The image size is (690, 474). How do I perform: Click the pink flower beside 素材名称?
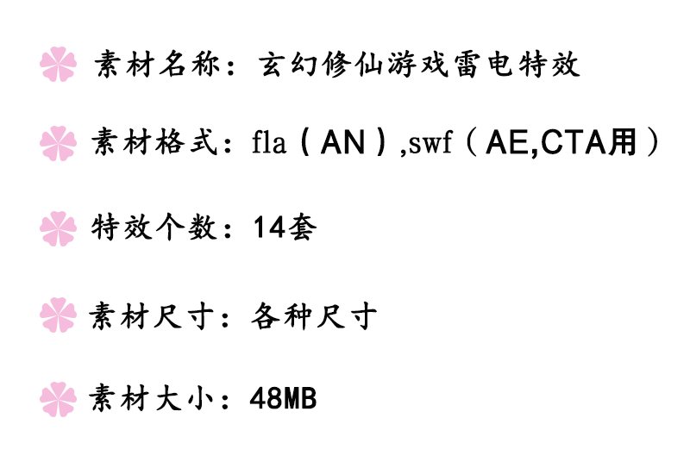(59, 65)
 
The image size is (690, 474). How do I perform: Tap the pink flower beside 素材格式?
(59, 143)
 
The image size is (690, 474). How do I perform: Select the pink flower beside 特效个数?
(59, 228)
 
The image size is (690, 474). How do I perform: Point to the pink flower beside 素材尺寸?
(59, 315)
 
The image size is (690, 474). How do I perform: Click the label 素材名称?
(156, 65)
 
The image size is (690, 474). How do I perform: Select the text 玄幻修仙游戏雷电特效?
(419, 65)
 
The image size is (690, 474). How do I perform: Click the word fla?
(268, 143)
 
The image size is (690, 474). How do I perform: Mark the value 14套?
(284, 228)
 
